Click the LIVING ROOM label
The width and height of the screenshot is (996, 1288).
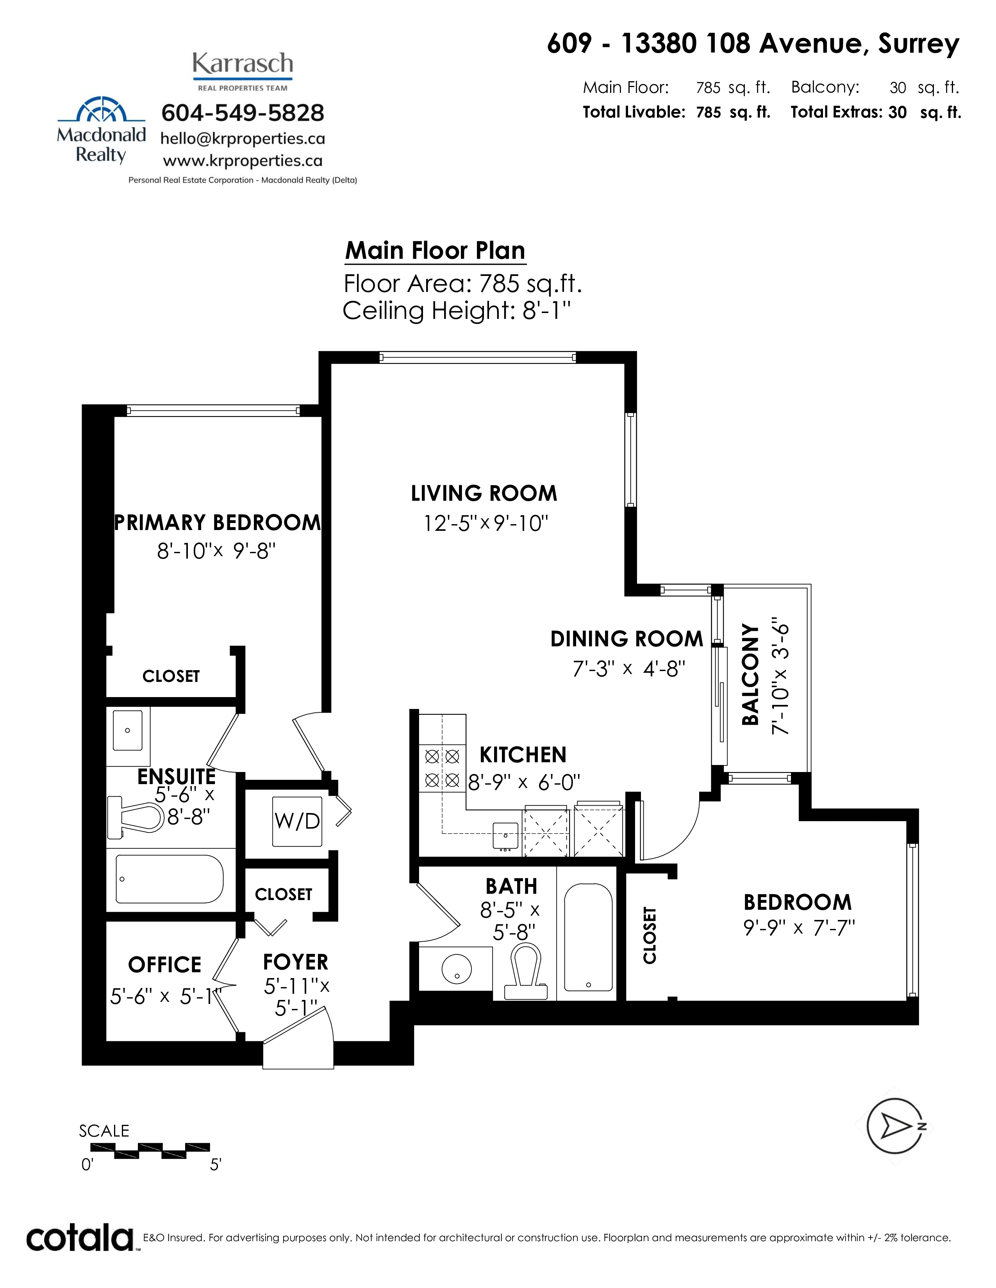(484, 493)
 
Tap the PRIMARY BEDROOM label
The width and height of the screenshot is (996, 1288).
(218, 523)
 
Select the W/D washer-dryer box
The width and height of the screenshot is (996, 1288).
(297, 821)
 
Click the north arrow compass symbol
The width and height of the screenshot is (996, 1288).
(894, 1127)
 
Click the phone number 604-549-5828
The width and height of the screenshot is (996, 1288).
(243, 113)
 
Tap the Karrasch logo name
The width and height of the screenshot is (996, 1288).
(243, 64)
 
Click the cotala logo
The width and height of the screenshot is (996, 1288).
(80, 1238)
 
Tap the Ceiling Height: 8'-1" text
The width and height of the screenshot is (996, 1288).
(457, 310)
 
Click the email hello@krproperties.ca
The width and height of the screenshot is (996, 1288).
(243, 139)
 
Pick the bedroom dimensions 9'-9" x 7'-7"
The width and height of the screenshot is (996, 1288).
(799, 928)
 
